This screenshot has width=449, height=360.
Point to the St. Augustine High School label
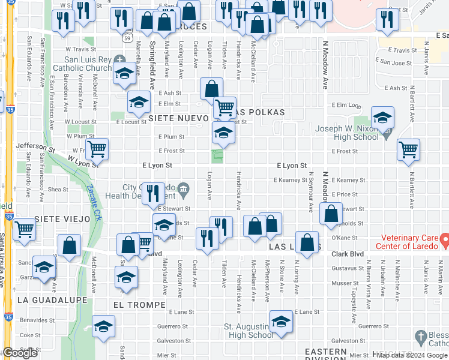click(x=248, y=331)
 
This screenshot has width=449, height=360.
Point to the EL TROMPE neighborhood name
click(x=139, y=305)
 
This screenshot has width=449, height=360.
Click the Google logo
click(x=20, y=353)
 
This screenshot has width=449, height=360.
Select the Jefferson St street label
click(x=35, y=145)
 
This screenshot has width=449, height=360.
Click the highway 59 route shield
click(x=127, y=38)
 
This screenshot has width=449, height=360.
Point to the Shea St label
click(x=58, y=189)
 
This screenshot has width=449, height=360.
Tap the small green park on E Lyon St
click(x=218, y=157)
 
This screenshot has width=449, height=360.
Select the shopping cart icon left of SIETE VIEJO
click(x=23, y=229)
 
